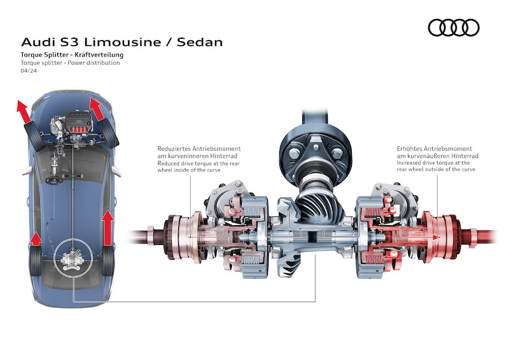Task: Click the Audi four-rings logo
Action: [x=453, y=27]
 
